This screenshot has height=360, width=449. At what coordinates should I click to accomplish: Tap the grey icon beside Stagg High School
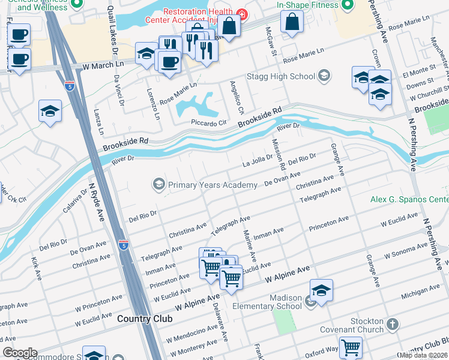click(x=324, y=76)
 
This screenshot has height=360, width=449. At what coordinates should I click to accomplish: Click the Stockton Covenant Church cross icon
click(x=393, y=325)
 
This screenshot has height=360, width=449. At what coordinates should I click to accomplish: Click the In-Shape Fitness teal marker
click(x=347, y=6)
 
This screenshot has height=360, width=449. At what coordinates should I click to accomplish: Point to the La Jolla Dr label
click(x=257, y=162)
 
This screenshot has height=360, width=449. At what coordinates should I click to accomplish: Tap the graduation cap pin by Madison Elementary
click(x=321, y=290)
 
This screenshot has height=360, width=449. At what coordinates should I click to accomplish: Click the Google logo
click(x=19, y=352)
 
